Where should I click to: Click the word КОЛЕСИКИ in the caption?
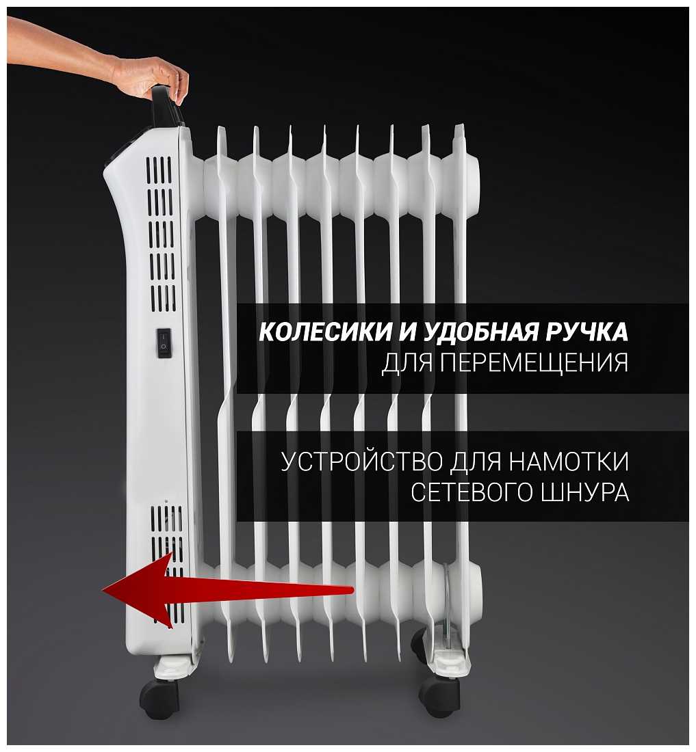click(x=325, y=332)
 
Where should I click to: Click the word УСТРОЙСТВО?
click(x=361, y=462)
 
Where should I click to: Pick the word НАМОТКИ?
click(x=569, y=462)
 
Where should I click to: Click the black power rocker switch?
click(x=164, y=343)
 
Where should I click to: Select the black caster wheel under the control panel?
click(x=159, y=697)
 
